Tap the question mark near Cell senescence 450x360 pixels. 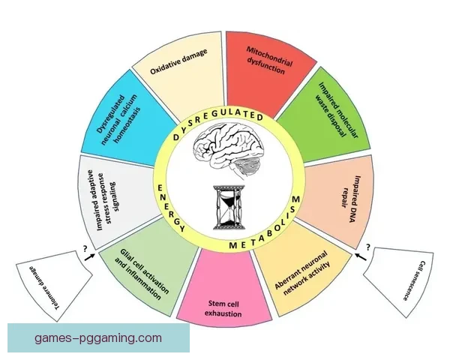[367, 246]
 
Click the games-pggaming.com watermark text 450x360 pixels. [98, 338]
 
